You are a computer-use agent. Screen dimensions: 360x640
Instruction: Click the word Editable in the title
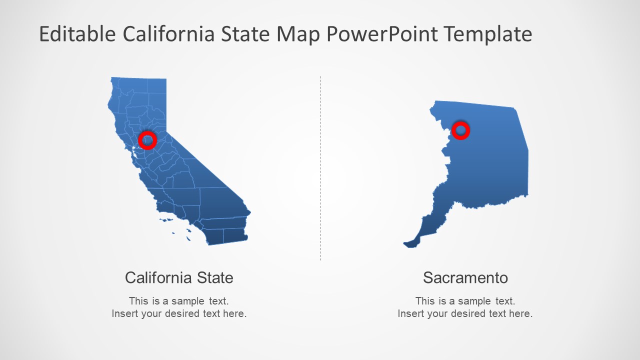point(77,34)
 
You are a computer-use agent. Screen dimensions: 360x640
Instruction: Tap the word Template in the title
point(488,34)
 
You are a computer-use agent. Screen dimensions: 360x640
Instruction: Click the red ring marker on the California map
point(147,140)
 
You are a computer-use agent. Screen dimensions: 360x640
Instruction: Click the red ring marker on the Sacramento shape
point(460,130)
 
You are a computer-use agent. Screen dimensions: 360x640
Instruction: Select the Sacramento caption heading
point(465,277)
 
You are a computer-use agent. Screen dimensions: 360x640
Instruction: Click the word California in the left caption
point(158,277)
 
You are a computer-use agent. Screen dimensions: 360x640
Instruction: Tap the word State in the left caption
point(214,277)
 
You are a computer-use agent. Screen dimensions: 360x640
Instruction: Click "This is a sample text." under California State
point(178,301)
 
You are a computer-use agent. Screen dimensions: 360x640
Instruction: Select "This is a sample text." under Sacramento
point(465,301)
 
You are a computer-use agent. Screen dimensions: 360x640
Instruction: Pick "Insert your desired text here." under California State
point(178,314)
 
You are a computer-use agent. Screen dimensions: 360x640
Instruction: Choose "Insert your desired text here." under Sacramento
point(465,314)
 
